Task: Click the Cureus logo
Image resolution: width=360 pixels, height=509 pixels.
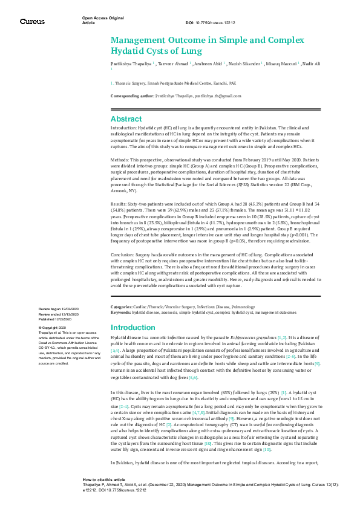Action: (x=32, y=22)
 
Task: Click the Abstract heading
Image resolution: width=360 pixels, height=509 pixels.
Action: (x=126, y=119)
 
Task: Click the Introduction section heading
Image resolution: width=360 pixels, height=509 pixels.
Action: (x=133, y=327)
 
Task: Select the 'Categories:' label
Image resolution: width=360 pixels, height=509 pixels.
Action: (x=123, y=308)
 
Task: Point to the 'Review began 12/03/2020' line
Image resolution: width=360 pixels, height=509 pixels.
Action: (x=59, y=309)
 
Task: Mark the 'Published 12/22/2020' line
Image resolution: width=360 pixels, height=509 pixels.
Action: (x=58, y=319)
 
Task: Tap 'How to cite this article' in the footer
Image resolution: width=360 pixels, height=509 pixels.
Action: (x=104, y=494)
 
